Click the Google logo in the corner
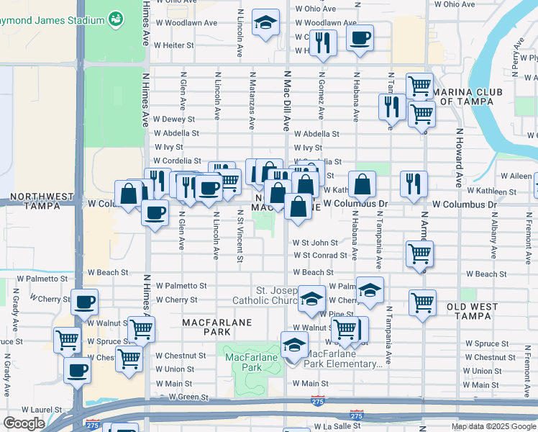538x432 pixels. (24, 423)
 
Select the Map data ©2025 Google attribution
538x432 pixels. (493, 426)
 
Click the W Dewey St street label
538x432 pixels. (170, 120)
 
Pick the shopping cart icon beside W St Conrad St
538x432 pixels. (419, 253)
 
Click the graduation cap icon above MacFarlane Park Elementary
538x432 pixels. (294, 346)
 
